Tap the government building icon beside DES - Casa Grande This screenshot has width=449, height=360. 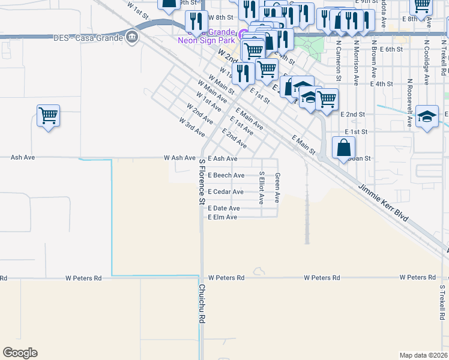point(131,38)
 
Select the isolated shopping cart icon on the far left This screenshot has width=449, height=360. point(48,115)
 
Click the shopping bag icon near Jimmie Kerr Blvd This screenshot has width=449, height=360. point(343,147)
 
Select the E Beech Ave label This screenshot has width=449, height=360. point(226,175)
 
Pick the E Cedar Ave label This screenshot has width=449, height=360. point(225,192)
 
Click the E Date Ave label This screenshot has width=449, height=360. point(223,208)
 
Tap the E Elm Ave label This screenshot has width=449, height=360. point(222,217)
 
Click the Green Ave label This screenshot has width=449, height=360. point(277,188)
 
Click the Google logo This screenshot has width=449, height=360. point(20,353)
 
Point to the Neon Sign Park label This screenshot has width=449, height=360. point(205,41)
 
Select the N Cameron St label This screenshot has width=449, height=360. point(339,60)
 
